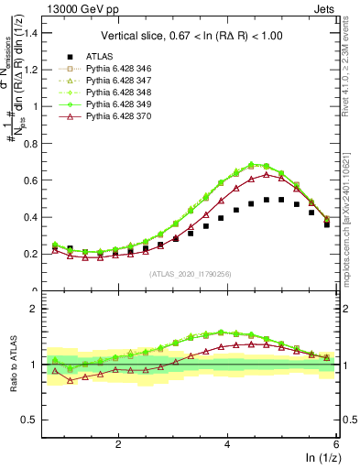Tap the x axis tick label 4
click(227, 442)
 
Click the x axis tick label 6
click(336, 442)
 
